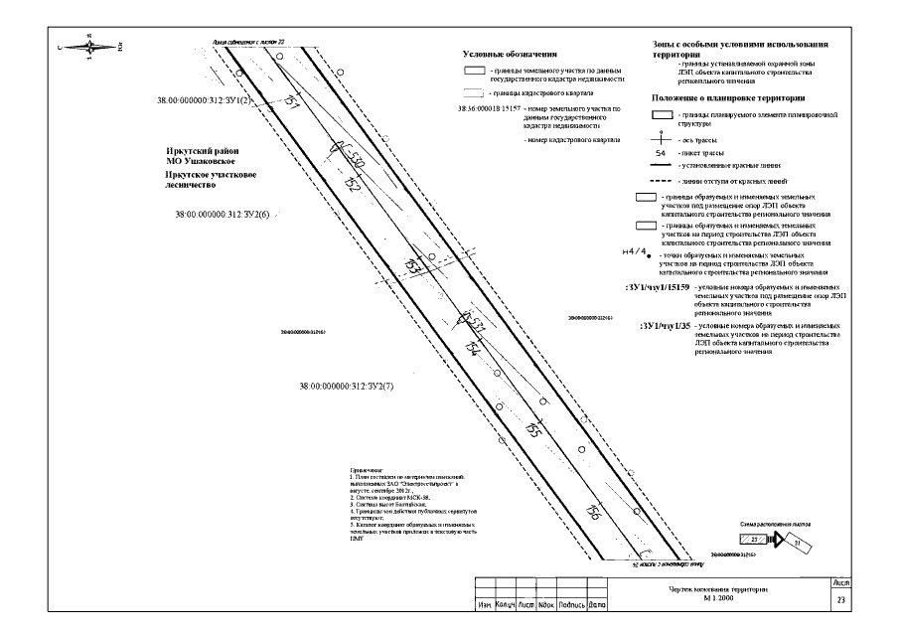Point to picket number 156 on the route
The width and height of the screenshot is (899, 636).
tap(593, 513)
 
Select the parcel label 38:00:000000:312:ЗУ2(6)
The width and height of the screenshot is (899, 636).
tap(222, 214)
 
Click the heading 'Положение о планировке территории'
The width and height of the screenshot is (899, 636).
tap(727, 97)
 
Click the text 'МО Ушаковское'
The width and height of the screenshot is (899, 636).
tap(201, 161)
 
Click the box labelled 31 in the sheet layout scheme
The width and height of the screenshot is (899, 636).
tap(795, 542)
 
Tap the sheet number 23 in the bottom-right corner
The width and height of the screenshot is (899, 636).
tap(841, 599)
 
